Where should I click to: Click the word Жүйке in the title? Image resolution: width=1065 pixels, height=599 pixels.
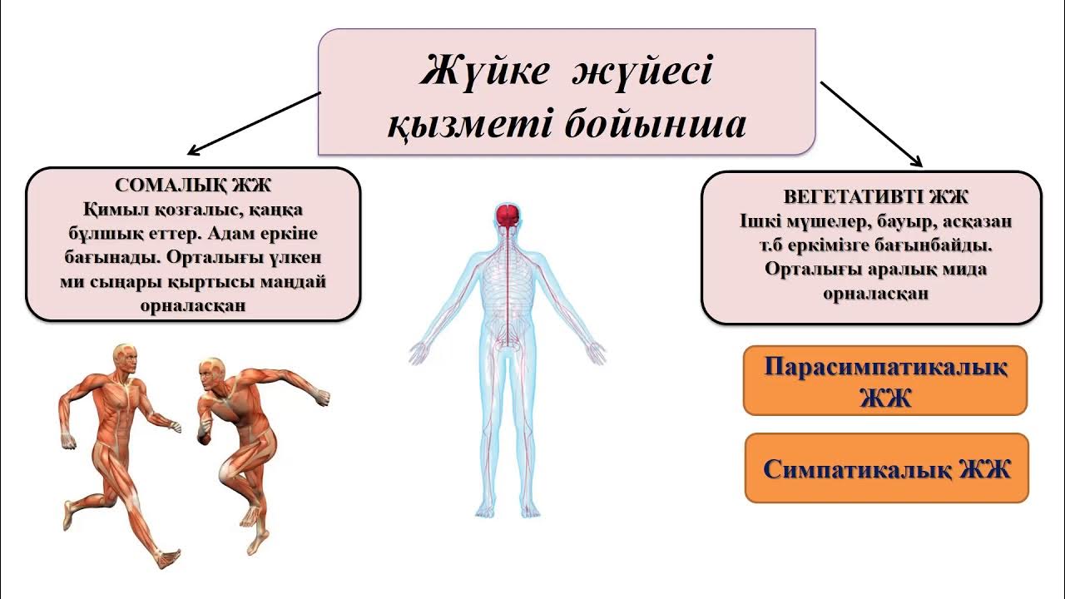pyautogui.click(x=484, y=72)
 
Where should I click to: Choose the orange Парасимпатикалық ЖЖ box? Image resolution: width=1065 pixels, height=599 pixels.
pyautogui.click(x=885, y=380)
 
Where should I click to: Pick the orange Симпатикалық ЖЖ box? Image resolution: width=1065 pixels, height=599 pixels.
pyautogui.click(x=887, y=468)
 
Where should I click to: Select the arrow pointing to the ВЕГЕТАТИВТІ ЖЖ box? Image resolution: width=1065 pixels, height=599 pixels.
pyautogui.click(x=872, y=124)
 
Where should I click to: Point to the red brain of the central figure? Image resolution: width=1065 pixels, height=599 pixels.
pyautogui.click(x=508, y=217)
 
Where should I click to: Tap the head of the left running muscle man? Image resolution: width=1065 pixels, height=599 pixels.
pyautogui.click(x=125, y=358)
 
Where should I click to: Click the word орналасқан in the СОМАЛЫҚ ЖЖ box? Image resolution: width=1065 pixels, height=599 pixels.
pyautogui.click(x=193, y=305)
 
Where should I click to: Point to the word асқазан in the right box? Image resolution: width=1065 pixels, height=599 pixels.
pyautogui.click(x=978, y=221)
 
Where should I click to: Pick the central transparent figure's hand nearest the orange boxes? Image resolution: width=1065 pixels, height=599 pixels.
pyautogui.click(x=597, y=353)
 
